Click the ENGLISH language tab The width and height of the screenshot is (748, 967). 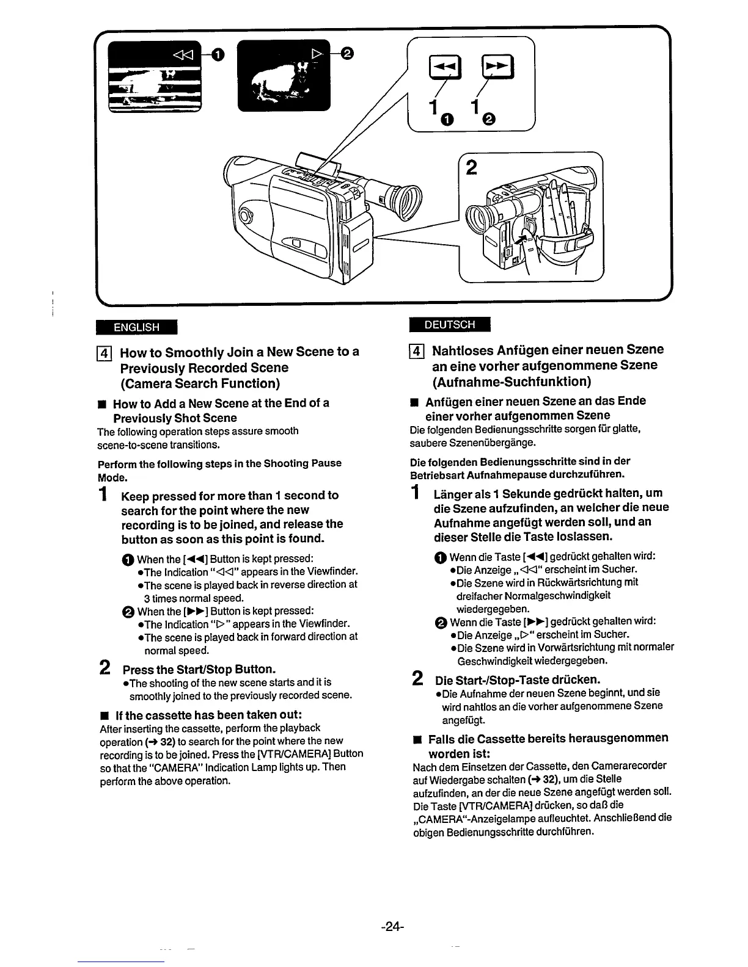[136, 327]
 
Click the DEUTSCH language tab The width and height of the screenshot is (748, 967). [449, 325]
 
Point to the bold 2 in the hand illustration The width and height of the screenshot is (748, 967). [472, 167]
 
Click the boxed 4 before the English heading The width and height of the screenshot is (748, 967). [104, 353]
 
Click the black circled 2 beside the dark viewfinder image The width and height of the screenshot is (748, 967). [346, 54]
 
